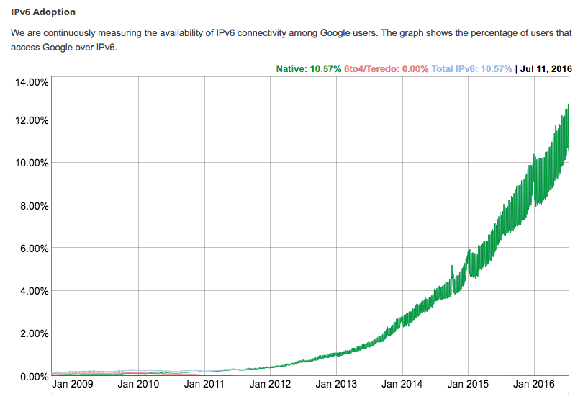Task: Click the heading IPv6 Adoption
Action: [43, 12]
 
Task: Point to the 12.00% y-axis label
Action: [31, 120]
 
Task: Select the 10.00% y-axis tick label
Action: [31, 162]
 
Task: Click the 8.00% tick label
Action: [34, 205]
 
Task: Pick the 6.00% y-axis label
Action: [34, 248]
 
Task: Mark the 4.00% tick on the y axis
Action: [34, 291]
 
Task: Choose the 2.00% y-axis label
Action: [34, 333]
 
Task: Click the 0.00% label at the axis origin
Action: [34, 376]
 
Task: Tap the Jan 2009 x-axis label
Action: [72, 385]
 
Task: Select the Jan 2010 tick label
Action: [138, 385]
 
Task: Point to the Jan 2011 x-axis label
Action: [204, 385]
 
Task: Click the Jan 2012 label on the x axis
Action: [270, 385]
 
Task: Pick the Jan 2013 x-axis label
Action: [336, 385]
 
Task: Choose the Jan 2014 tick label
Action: [402, 385]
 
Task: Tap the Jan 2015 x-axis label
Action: [469, 385]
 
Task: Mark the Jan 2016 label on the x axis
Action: [534, 385]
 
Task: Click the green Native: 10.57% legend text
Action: [309, 69]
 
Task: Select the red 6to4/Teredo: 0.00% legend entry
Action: [387, 69]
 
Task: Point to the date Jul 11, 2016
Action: [546, 69]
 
